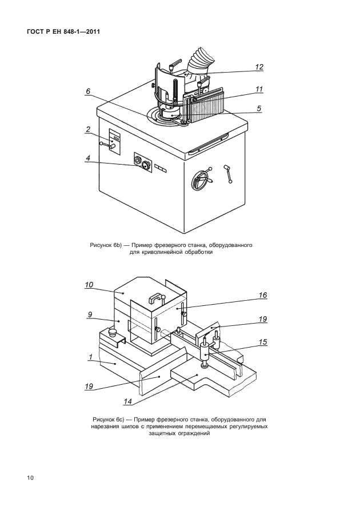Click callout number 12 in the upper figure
click(x=259, y=67)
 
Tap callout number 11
click(x=259, y=89)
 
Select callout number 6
click(x=87, y=91)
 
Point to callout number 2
click(x=88, y=130)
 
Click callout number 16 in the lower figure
click(x=263, y=295)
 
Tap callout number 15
click(x=263, y=342)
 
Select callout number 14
click(x=128, y=402)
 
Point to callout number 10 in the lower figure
click(x=89, y=285)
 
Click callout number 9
click(x=90, y=314)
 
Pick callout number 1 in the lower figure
click(x=90, y=357)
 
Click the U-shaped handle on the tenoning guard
click(x=157, y=298)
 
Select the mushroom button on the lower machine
click(x=113, y=332)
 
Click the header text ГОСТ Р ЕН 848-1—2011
click(x=63, y=32)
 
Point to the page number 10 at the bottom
click(x=30, y=478)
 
